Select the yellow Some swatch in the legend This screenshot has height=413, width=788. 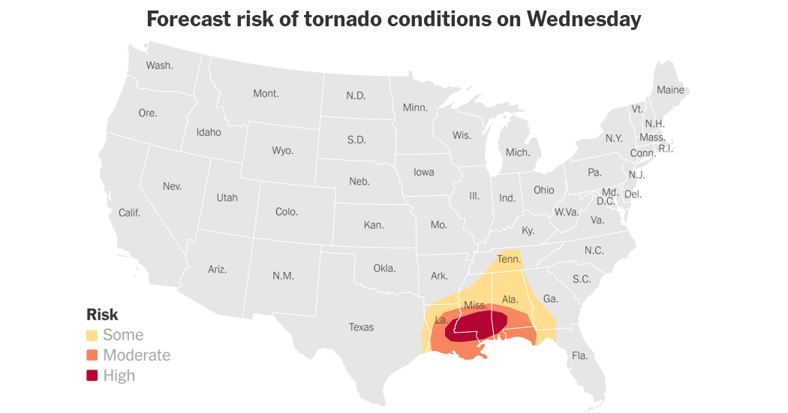pyautogui.click(x=92, y=335)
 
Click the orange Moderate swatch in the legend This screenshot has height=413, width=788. pyautogui.click(x=92, y=355)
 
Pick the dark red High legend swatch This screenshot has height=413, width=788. pyautogui.click(x=92, y=375)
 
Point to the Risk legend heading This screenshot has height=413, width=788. pyautogui.click(x=102, y=315)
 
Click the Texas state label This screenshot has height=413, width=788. pyautogui.click(x=361, y=327)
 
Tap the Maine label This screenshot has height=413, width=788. pyautogui.click(x=670, y=89)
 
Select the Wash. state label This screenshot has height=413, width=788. pyautogui.click(x=159, y=65)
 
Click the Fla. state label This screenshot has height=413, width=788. pyautogui.click(x=580, y=355)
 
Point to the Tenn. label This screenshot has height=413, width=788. pyautogui.click(x=509, y=260)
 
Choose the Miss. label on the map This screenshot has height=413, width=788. pyautogui.click(x=475, y=305)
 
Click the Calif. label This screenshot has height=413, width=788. pyautogui.click(x=129, y=213)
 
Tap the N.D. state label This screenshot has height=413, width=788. pyautogui.click(x=355, y=95)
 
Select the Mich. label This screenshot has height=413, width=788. pyautogui.click(x=517, y=152)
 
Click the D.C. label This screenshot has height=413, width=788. pyautogui.click(x=606, y=200)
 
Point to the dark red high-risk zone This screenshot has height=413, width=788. pyautogui.click(x=473, y=328)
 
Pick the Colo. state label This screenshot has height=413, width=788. pyautogui.click(x=287, y=212)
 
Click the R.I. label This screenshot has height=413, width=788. pyautogui.click(x=665, y=148)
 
